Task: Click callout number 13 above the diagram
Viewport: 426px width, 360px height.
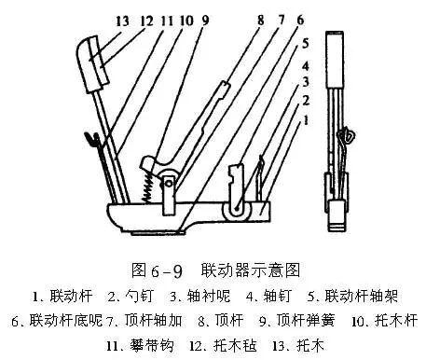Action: click(122, 21)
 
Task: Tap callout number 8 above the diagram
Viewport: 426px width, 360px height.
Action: click(260, 21)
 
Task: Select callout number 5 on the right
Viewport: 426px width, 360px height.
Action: click(306, 44)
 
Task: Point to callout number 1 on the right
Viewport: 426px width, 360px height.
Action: click(306, 120)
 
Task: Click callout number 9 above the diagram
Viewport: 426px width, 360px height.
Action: click(205, 21)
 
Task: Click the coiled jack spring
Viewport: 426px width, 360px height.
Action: click(148, 187)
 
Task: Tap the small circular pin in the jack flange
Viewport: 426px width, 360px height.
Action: click(169, 184)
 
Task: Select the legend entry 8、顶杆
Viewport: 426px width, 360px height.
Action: click(221, 320)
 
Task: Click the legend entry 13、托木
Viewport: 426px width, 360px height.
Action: click(298, 345)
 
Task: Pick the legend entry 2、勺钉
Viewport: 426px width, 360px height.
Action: click(131, 296)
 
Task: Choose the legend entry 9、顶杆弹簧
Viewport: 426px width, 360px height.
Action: click(297, 320)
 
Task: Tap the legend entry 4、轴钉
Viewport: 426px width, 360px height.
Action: click(268, 296)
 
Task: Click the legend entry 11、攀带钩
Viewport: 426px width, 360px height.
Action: click(140, 345)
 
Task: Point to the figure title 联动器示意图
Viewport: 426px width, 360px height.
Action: click(251, 270)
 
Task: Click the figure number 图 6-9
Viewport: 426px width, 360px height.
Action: click(157, 270)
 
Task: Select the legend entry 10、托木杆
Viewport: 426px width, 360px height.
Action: click(384, 320)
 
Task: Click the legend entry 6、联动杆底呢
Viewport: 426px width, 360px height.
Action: click(57, 320)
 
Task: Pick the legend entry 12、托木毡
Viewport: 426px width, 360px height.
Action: click(223, 345)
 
